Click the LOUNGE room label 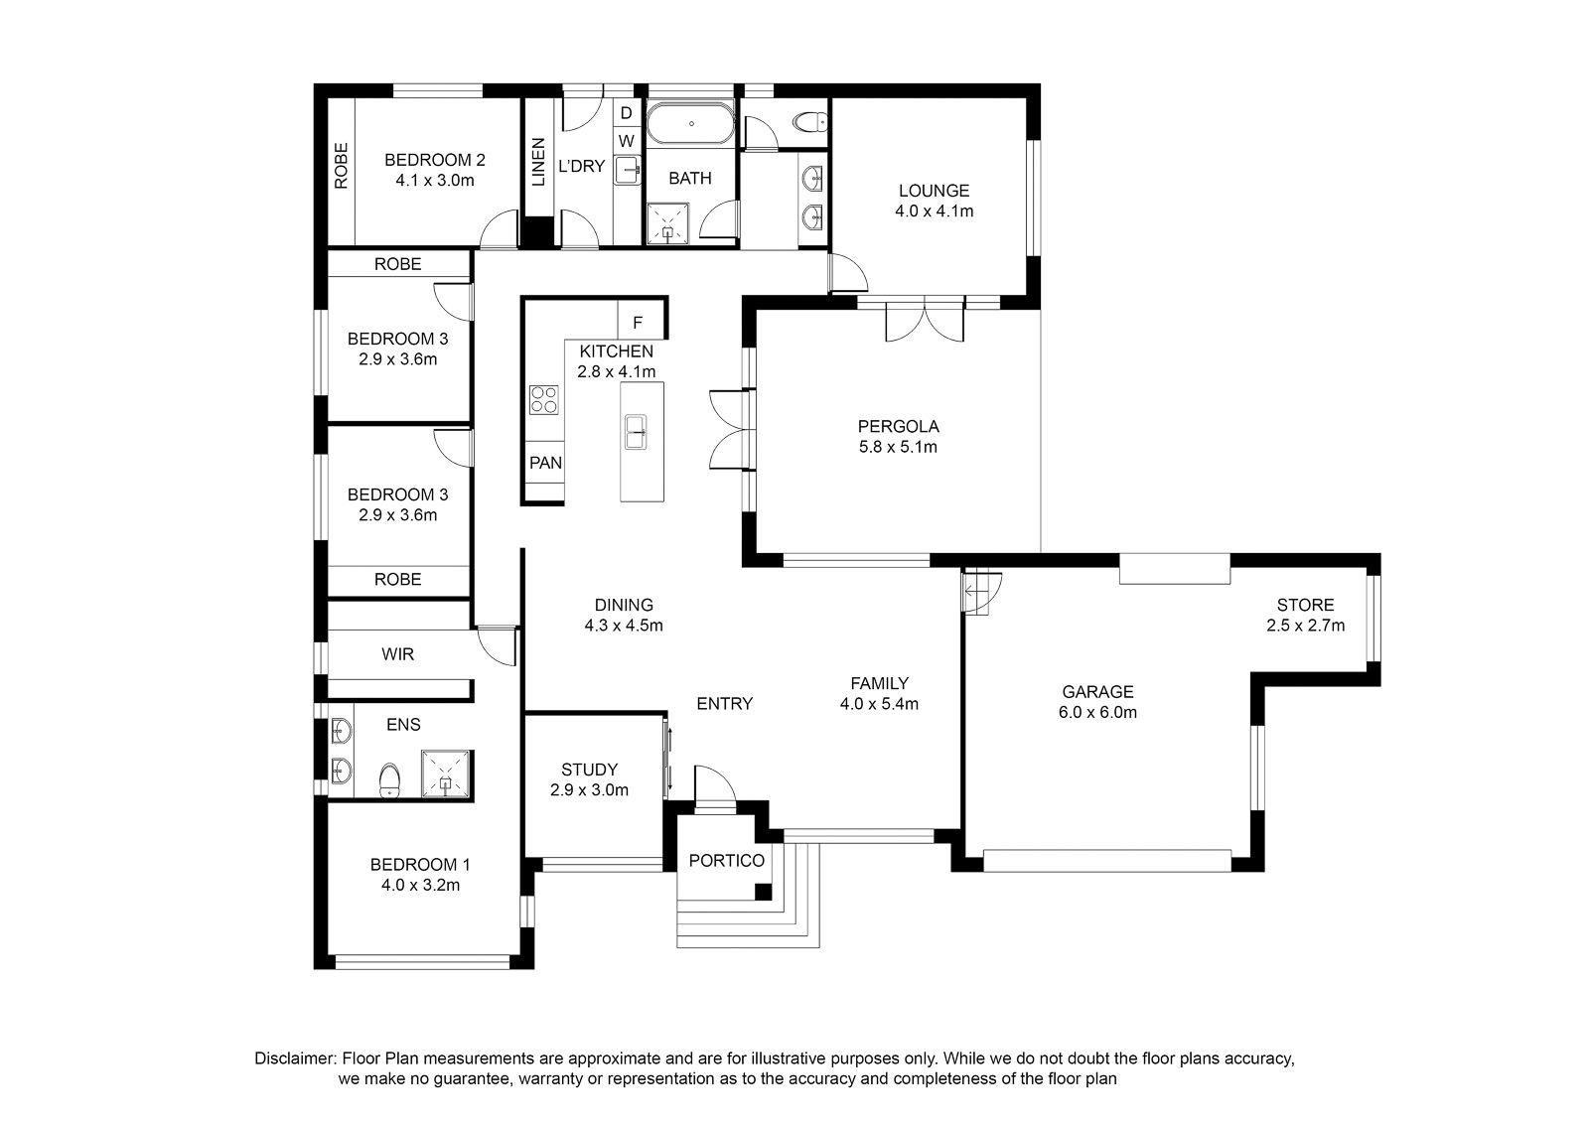934,191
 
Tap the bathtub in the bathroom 691,124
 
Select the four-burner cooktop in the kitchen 543,400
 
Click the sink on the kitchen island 636,433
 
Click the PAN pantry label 545,463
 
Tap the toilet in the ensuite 388,780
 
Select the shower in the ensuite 446,774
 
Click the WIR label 397,654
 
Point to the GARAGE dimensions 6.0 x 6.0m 1097,713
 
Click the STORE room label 1305,606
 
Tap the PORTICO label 726,861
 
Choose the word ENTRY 724,704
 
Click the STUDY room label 589,771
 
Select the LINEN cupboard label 538,163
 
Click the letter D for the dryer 626,113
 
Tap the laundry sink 628,170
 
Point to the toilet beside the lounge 809,123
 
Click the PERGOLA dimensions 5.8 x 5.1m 898,448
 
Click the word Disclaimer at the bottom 295,1059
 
